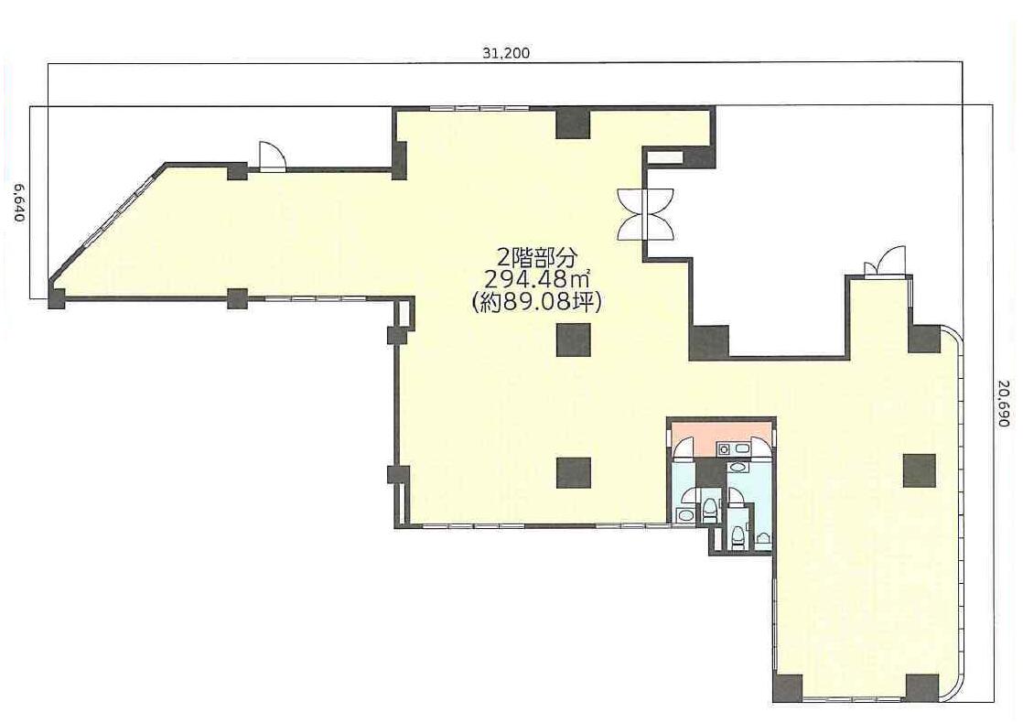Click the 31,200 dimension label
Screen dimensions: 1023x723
pyautogui.click(x=506, y=53)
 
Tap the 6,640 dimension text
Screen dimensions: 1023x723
pyautogui.click(x=19, y=202)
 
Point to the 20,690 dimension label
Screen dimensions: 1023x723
pyautogui.click(x=1005, y=405)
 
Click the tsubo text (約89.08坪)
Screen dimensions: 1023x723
pyautogui.click(x=536, y=302)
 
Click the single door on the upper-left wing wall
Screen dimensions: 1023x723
pyautogui.click(x=272, y=156)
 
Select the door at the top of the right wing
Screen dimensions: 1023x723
pyautogui.click(x=886, y=262)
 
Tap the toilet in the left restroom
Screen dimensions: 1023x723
pyautogui.click(x=708, y=511)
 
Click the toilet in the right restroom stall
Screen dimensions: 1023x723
pyautogui.click(x=738, y=536)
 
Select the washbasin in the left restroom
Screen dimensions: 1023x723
pyautogui.click(x=685, y=515)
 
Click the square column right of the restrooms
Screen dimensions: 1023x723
pyautogui.click(x=920, y=470)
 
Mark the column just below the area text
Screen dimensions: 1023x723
pyautogui.click(x=574, y=340)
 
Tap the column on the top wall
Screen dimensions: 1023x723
pyautogui.click(x=573, y=124)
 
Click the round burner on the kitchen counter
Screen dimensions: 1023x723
pyautogui.click(x=722, y=449)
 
